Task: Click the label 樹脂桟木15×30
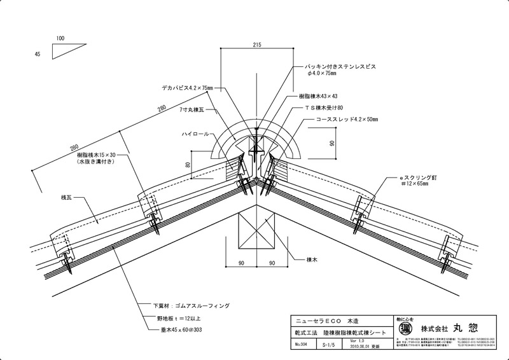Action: [97, 155]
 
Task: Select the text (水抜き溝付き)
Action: [97, 163]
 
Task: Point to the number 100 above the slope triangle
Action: [60, 38]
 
